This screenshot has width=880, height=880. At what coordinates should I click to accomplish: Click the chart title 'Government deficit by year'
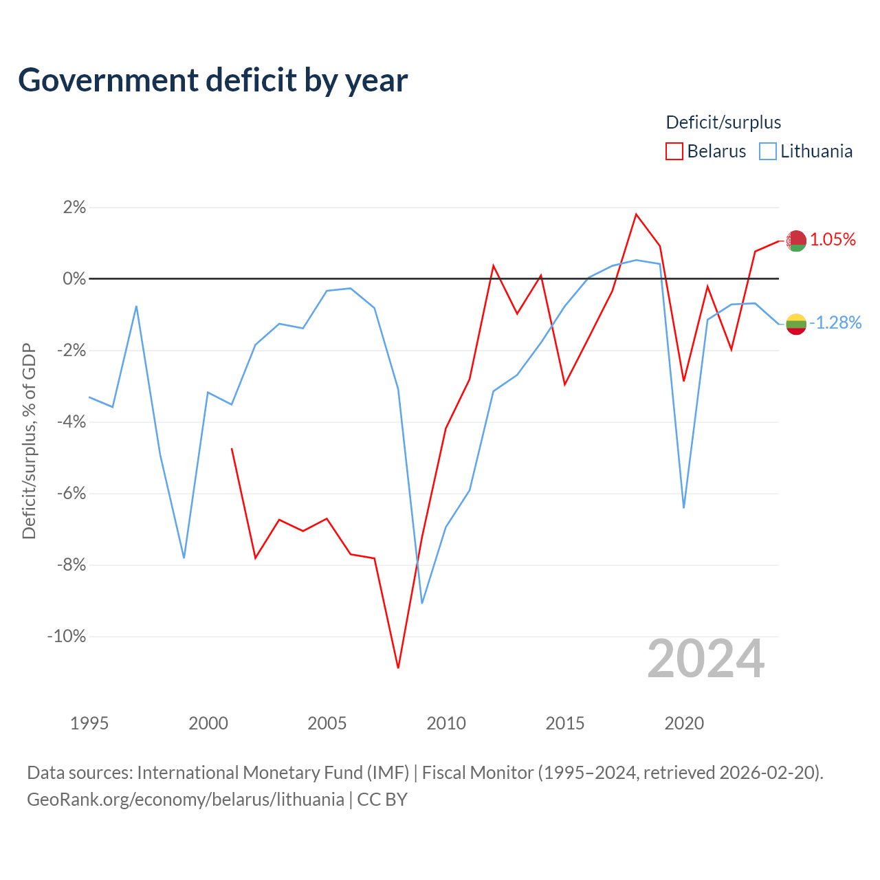[x=212, y=80]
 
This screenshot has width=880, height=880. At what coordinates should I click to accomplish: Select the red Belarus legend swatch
[x=674, y=151]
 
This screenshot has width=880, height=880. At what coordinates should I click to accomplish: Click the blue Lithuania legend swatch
[x=767, y=151]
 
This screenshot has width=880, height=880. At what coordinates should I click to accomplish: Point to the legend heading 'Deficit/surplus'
[x=723, y=122]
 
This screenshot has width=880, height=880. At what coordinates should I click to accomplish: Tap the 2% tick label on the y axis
[x=74, y=208]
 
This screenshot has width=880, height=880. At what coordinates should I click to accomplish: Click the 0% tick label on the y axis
[x=74, y=278]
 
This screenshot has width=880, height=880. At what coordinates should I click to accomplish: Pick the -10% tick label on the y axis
[x=67, y=636]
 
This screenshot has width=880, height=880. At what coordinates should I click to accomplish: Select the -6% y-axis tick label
[x=71, y=493]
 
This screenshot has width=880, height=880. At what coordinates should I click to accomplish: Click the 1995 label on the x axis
[x=89, y=723]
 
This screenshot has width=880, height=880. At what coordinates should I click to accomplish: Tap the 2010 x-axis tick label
[x=446, y=723]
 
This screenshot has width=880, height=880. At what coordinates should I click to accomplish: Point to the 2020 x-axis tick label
[x=684, y=723]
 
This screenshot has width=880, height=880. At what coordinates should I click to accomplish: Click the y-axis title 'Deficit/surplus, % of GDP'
[x=29, y=441]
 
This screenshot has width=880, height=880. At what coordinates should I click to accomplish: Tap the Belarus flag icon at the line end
[x=796, y=241]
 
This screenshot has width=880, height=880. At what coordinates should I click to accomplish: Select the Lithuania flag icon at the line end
[x=796, y=324]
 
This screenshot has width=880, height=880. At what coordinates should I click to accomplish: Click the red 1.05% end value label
[x=833, y=240]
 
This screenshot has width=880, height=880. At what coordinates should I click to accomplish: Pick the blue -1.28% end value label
[x=836, y=323]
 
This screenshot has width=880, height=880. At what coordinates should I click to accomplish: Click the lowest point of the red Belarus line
[x=398, y=668]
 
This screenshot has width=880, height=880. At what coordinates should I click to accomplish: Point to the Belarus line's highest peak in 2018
[x=636, y=214]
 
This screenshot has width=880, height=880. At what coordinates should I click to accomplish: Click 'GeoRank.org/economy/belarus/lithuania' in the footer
[x=186, y=800]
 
